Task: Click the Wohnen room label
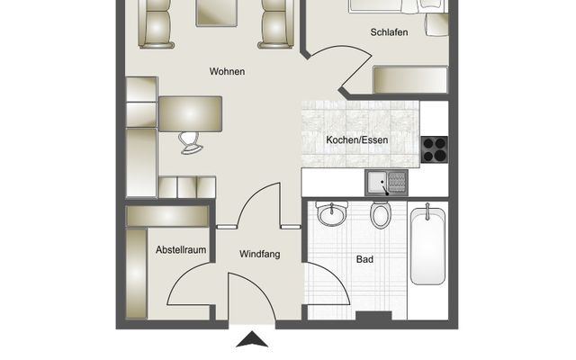click(x=227, y=71)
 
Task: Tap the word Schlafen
click(x=389, y=32)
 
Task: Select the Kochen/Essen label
click(x=356, y=140)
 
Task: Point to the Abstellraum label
click(x=181, y=250)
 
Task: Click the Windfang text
click(x=260, y=254)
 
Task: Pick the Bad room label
click(x=364, y=259)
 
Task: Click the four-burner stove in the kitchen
click(x=435, y=149)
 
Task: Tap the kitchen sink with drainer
click(x=386, y=183)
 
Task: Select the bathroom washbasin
click(x=332, y=213)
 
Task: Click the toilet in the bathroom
click(x=380, y=215)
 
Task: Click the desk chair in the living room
click(x=191, y=143)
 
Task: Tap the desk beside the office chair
click(x=190, y=113)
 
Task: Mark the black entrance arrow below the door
click(x=252, y=339)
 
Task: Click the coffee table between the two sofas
click(x=217, y=13)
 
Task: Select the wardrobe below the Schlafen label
click(x=410, y=79)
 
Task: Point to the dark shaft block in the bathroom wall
click(x=373, y=316)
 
